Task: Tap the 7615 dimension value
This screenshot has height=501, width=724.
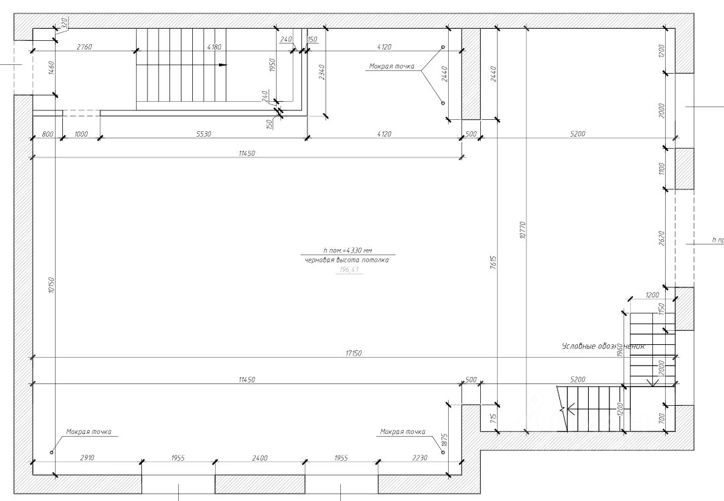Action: tap(493, 262)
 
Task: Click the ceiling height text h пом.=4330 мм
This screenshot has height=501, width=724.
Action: tap(347, 250)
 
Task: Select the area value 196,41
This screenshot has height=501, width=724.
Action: tap(349, 270)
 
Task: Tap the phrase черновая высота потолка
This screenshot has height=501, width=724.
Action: tap(346, 260)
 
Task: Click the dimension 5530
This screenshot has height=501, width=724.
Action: tap(204, 134)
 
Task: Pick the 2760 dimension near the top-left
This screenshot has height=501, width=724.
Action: tap(84, 47)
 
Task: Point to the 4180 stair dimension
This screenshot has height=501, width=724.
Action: tap(214, 47)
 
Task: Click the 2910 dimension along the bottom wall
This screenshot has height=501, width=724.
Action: tap(87, 458)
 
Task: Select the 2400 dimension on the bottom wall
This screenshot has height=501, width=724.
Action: tap(259, 458)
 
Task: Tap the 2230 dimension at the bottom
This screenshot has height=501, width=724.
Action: tap(419, 458)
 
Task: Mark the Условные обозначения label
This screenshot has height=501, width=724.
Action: tap(603, 347)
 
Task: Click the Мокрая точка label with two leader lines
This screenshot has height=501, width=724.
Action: tap(391, 66)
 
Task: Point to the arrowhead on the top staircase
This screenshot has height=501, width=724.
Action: tap(224, 65)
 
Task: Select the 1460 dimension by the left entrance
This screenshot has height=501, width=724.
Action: tap(51, 68)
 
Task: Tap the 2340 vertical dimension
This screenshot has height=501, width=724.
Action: tap(322, 72)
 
